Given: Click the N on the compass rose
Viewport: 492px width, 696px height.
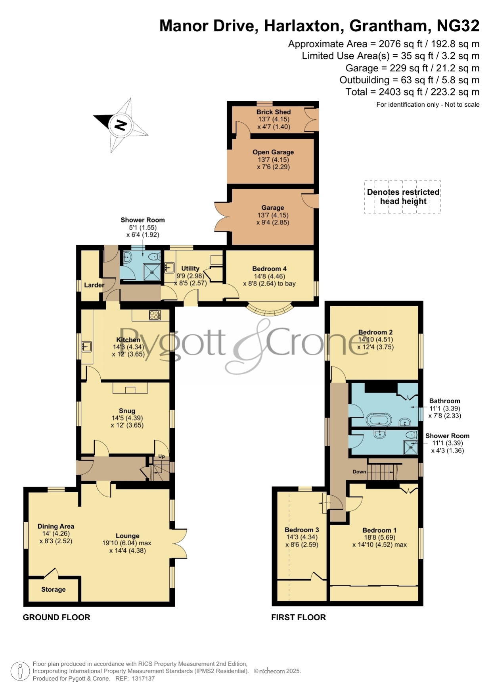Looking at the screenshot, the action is (x=121, y=125).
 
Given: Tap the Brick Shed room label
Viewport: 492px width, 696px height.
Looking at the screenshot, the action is (x=274, y=112).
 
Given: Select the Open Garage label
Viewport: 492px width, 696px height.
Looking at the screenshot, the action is (x=273, y=152).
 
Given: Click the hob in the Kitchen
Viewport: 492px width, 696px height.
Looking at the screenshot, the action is (x=155, y=315).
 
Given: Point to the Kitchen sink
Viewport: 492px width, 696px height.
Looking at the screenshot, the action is (x=86, y=347).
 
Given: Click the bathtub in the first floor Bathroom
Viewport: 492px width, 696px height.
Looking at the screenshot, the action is (x=379, y=419).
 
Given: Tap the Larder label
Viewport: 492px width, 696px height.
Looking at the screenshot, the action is (x=94, y=285).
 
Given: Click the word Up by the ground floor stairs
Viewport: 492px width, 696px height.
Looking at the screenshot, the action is (x=161, y=456).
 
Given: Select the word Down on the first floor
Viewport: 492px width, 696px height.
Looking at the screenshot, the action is (x=359, y=472).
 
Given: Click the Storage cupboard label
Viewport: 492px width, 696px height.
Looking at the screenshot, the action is (x=54, y=589).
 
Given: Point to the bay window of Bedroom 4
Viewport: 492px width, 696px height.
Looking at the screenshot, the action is (x=270, y=310).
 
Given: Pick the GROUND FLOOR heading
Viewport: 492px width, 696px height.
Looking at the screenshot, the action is (x=57, y=617).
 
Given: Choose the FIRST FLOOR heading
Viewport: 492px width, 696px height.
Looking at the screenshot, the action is (x=299, y=617).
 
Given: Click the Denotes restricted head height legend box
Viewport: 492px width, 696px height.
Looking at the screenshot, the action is (x=402, y=197).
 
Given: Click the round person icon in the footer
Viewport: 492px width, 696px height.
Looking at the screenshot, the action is (x=20, y=671).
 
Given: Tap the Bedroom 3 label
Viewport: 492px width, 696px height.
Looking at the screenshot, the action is (x=302, y=530).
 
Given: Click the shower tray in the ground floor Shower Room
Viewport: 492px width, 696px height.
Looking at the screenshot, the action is (x=152, y=272).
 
